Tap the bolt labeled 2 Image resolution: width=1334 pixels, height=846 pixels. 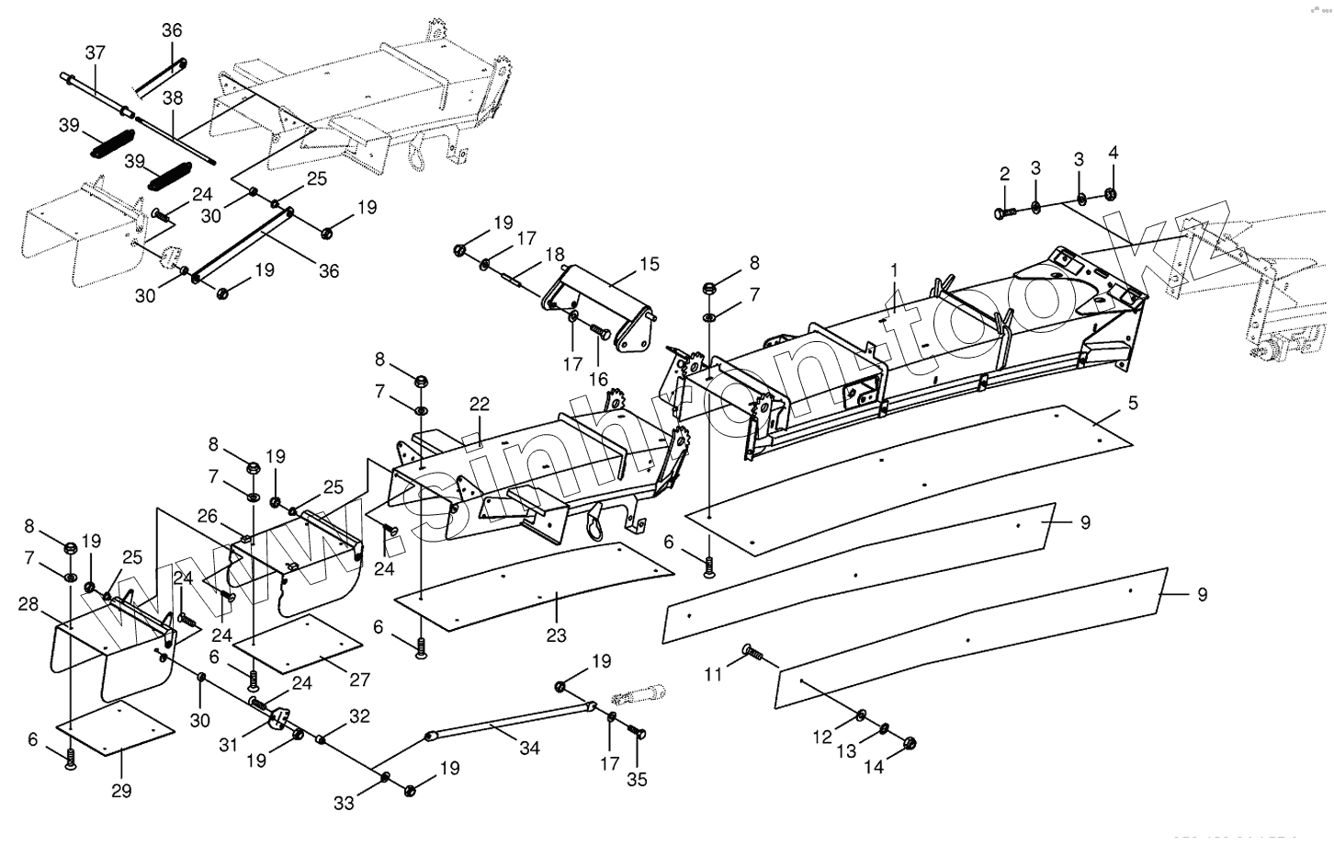pyautogui.click(x=1004, y=212)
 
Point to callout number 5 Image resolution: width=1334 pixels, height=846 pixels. pyautogui.click(x=1133, y=402)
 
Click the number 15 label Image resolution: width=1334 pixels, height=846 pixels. pyautogui.click(x=650, y=265)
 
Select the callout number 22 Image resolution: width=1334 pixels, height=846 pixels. pyautogui.click(x=480, y=404)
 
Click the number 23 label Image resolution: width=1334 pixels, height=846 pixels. pyautogui.click(x=556, y=634)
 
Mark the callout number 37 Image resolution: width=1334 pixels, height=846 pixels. pyautogui.click(x=96, y=52)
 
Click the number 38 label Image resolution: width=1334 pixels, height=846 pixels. pyautogui.click(x=173, y=97)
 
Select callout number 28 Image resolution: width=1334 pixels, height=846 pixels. pyautogui.click(x=28, y=604)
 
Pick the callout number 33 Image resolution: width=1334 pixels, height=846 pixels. pyautogui.click(x=344, y=803)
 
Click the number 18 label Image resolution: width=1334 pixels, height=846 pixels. pyautogui.click(x=554, y=254)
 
